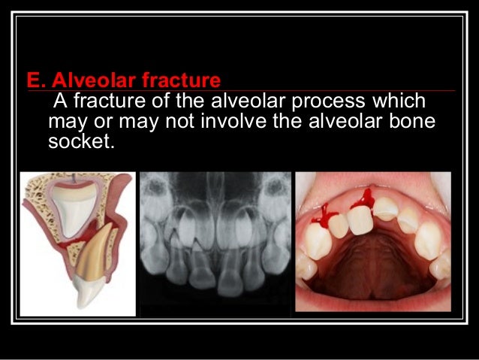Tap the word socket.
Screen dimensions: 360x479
(x=81, y=140)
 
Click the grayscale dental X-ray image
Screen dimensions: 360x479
(x=215, y=241)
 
